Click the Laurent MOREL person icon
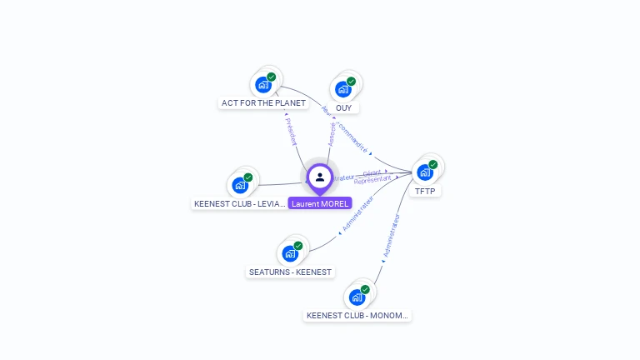320,177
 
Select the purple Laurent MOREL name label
320,203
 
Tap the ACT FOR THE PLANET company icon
263,84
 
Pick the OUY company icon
343,88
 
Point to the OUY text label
343,108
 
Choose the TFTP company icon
425,172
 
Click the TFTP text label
425,192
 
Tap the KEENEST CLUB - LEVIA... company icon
240,184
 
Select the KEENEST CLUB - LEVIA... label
240,204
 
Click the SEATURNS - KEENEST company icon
290,252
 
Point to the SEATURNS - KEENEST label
290,272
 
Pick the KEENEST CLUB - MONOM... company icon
357,297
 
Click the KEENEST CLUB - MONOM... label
358,316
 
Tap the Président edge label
291,131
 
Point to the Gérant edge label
372,172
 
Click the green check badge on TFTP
432,165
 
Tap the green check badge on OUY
351,82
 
